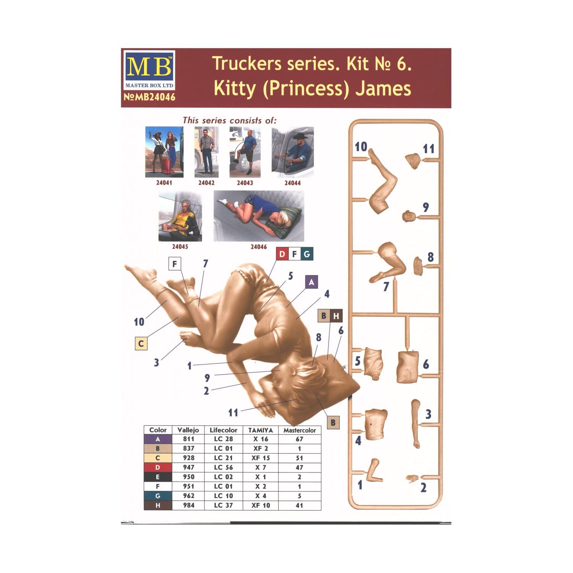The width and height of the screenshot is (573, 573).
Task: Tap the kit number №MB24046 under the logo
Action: click(150, 97)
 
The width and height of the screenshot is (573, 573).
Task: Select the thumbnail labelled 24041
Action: click(164, 152)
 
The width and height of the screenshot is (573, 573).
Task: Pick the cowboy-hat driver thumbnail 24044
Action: click(293, 152)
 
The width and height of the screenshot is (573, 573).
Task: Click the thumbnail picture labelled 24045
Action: click(180, 216)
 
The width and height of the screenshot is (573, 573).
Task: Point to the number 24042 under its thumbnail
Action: click(206, 183)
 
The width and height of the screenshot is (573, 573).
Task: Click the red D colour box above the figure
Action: click(282, 254)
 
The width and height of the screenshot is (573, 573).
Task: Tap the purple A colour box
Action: click(311, 282)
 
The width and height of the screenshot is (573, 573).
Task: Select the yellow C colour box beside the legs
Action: click(141, 344)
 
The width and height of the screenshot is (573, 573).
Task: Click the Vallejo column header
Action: click(188, 430)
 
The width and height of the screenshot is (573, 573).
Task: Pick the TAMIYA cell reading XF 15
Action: click(261, 458)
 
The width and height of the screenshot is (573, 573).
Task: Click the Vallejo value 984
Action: click(188, 505)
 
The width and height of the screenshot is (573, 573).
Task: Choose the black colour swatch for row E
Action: click(158, 477)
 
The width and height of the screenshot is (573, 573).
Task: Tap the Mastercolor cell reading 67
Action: click(299, 439)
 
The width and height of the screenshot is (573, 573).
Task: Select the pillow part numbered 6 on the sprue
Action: click(408, 366)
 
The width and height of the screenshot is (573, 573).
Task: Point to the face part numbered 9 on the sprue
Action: click(409, 216)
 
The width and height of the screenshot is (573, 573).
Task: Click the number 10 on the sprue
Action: click(361, 147)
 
